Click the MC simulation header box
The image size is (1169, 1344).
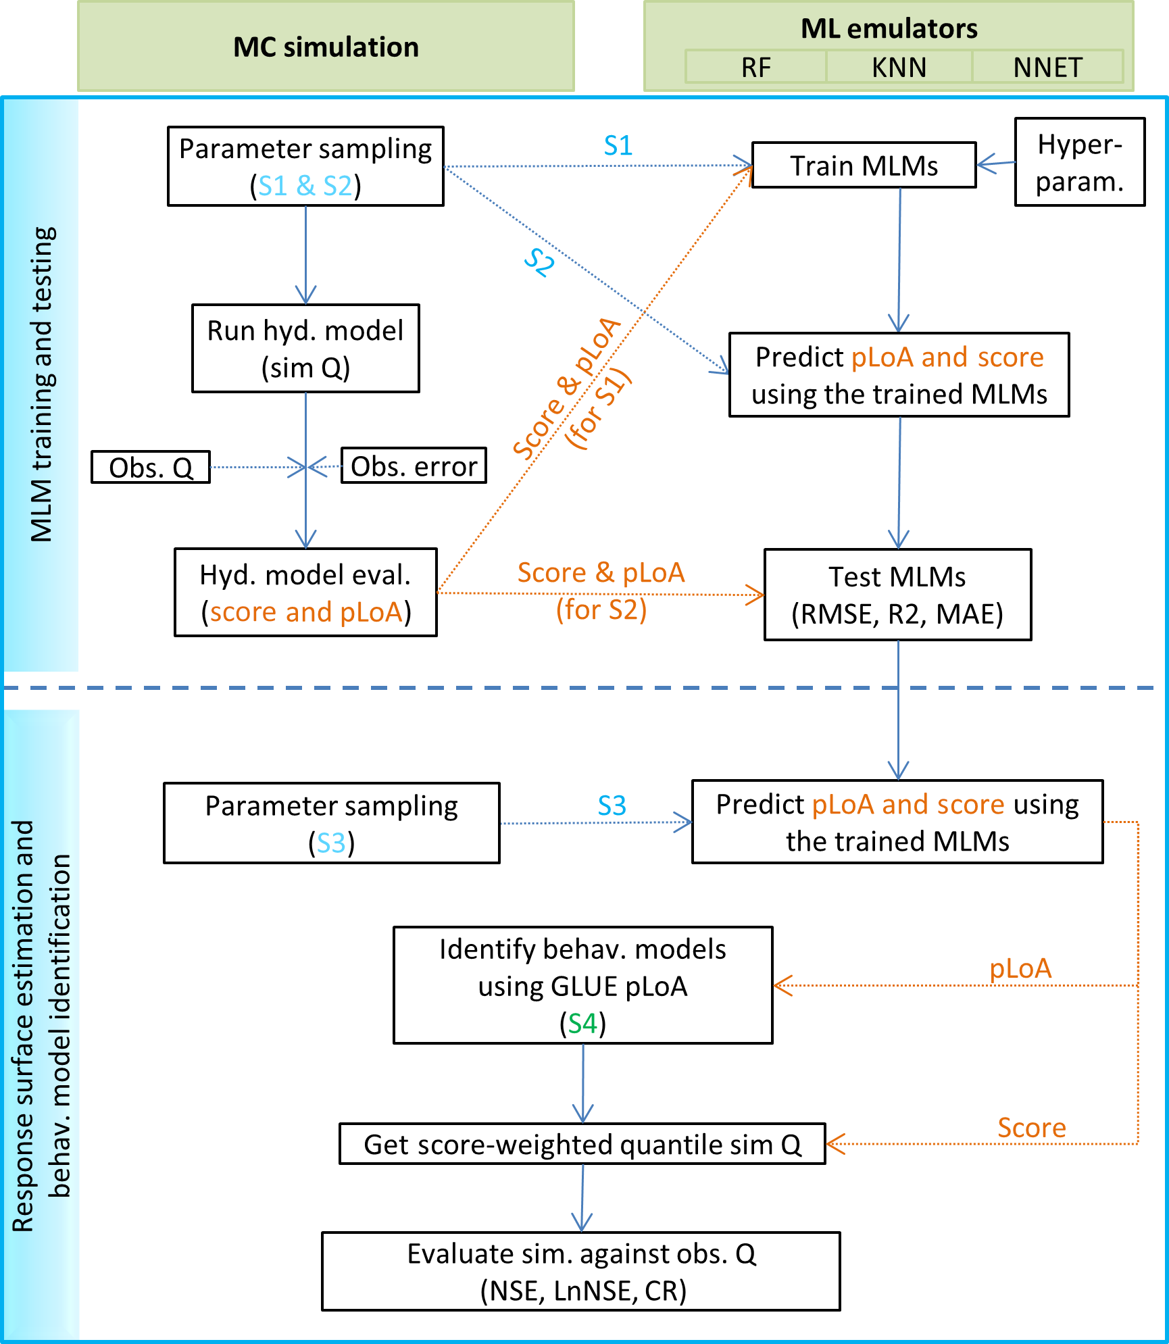point(326,47)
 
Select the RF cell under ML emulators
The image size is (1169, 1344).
point(755,68)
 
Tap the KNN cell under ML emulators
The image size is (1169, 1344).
point(899,68)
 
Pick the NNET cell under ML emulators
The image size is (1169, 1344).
point(1047,68)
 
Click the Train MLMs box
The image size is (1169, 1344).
point(864,166)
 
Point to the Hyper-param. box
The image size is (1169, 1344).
point(1079,163)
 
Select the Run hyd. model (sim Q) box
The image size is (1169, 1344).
point(305,349)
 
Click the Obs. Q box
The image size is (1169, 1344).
point(151,468)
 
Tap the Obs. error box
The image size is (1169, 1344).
point(414,466)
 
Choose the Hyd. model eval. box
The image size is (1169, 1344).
point(305,593)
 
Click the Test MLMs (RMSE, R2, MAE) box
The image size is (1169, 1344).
point(897,595)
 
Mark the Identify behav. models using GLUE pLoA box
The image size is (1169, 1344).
point(582,985)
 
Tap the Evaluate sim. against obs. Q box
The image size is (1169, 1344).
point(581,1272)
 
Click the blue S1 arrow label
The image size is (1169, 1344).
point(618,146)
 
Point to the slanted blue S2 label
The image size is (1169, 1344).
point(540,262)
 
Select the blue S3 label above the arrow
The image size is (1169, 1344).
point(612,805)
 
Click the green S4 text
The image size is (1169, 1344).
point(582,1024)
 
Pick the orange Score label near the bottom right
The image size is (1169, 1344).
point(1031,1128)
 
